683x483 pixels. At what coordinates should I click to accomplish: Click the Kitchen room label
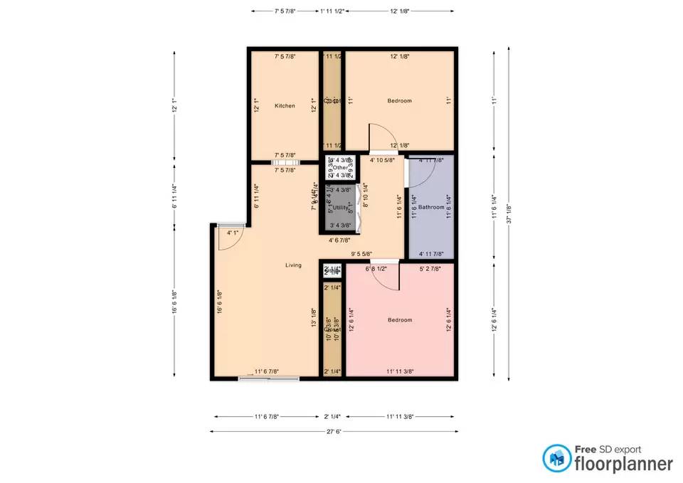(285, 106)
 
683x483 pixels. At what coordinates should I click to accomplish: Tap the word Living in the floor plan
(293, 265)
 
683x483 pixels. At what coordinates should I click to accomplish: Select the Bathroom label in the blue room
(431, 207)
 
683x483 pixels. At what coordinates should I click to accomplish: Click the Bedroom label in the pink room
(399, 320)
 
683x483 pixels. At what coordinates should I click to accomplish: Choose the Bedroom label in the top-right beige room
(399, 101)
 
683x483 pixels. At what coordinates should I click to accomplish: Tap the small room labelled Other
(339, 168)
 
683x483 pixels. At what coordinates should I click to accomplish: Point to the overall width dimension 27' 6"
(333, 431)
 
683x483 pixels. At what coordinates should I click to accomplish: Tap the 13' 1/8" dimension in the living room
(313, 316)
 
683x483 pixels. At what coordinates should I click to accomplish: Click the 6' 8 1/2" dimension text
(376, 269)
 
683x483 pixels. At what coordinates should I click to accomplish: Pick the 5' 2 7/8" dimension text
(430, 269)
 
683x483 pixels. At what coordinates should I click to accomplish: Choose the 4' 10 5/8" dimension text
(383, 161)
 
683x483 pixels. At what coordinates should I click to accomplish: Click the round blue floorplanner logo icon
(556, 459)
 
